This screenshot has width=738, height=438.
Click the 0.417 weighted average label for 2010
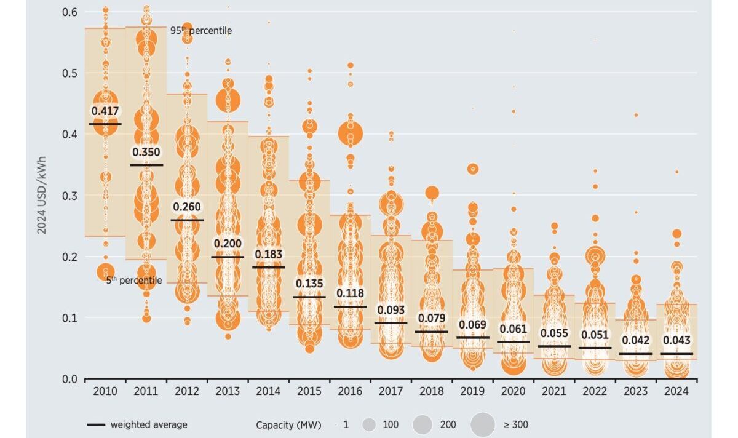[105, 111]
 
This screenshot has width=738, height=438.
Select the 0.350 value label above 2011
[146, 152]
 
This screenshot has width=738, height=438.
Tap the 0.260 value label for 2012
[187, 207]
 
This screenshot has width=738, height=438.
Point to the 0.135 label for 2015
[309, 284]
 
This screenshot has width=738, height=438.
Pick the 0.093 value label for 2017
[391, 310]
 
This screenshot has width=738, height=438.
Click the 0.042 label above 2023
[636, 340]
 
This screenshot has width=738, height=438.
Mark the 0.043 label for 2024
[676, 340]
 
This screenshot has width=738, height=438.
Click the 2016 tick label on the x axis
[349, 391]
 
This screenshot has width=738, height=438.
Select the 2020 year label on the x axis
[513, 391]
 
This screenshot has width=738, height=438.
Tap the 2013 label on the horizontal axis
[228, 391]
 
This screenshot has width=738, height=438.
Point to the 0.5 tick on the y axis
[69, 73]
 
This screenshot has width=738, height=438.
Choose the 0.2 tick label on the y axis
[69, 257]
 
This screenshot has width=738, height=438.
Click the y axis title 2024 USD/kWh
[41, 195]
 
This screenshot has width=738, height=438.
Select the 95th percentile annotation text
[192, 30]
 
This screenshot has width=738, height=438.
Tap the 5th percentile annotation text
[134, 281]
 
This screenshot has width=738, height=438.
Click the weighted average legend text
[149, 424]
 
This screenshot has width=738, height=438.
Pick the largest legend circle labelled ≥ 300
[483, 424]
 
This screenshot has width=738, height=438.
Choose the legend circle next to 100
[369, 424]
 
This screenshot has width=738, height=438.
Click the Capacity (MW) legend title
[288, 424]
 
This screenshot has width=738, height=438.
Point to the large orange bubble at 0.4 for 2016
[351, 133]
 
